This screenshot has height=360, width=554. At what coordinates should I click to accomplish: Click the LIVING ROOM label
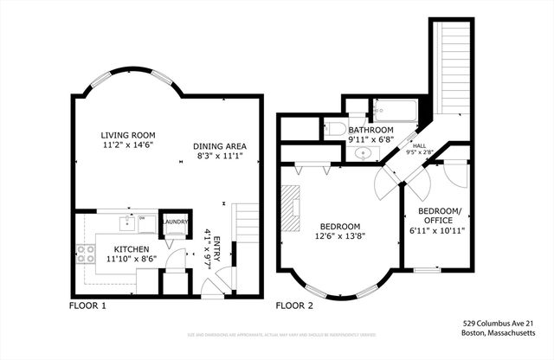click(x=126, y=136)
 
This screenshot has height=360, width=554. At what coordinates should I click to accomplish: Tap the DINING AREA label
click(x=216, y=145)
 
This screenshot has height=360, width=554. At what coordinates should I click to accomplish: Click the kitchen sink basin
click(x=145, y=223)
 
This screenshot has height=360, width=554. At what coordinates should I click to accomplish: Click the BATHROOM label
click(x=370, y=129)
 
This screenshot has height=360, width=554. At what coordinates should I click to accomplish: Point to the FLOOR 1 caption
click(x=87, y=305)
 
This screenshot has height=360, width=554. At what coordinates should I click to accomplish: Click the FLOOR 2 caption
click(x=294, y=305)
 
